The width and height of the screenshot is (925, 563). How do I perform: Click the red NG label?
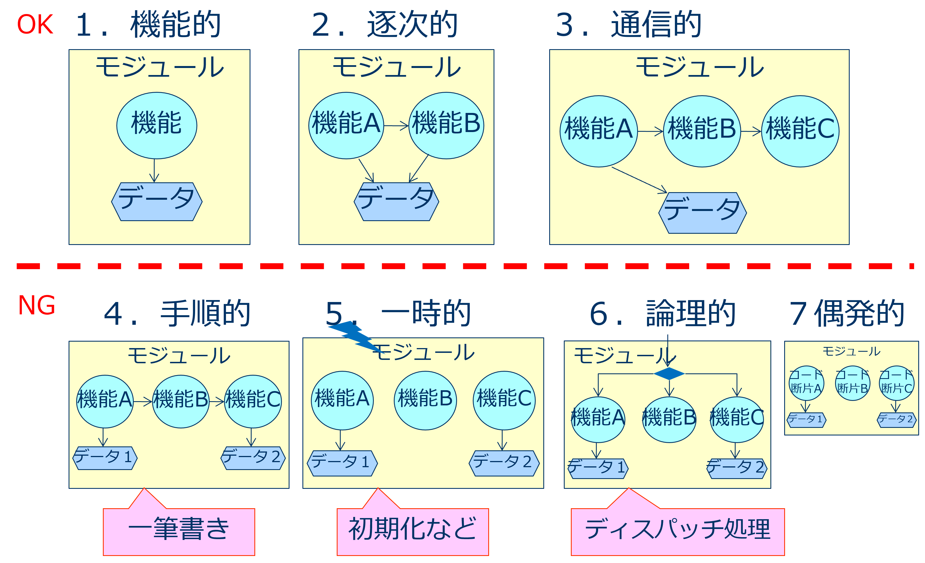point(37,306)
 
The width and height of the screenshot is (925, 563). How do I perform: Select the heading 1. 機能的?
point(148,25)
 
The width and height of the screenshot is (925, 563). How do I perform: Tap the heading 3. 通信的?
point(628,25)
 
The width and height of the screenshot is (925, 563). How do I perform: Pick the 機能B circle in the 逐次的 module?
point(446,125)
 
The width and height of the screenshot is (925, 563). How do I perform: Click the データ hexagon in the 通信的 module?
point(702,213)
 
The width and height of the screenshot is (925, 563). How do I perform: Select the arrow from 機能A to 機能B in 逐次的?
point(396,126)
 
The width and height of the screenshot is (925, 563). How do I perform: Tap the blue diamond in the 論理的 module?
point(669,374)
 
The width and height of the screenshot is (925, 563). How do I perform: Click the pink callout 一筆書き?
point(179,531)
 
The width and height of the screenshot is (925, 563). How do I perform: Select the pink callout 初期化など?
point(413,531)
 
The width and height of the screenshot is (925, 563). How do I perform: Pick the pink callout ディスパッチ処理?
point(678,531)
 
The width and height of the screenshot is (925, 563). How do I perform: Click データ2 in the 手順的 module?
point(254,458)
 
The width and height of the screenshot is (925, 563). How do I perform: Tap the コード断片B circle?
point(852,383)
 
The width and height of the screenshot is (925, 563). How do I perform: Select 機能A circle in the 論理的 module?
point(598,419)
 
